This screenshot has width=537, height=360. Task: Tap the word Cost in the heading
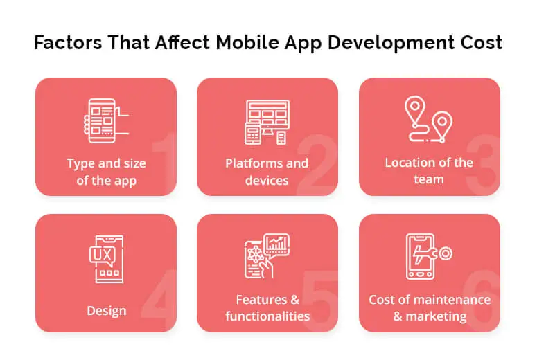tap(481, 42)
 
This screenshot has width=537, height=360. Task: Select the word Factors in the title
tap(68, 42)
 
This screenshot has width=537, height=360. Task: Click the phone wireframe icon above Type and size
tap(106, 120)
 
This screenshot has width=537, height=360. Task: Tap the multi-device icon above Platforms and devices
tap(267, 122)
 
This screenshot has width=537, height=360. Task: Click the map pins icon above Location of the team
tap(428, 119)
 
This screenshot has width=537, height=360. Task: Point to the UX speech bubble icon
tap(106, 259)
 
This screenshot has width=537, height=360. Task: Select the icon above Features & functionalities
tap(267, 255)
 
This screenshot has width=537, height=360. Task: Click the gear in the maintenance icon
tap(446, 253)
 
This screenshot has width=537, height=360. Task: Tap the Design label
tap(107, 311)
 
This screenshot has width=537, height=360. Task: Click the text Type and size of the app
tap(106, 172)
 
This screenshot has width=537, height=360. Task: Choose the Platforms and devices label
tap(267, 172)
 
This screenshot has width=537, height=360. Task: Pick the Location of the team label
tap(429, 171)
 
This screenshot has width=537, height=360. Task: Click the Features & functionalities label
tap(267, 307)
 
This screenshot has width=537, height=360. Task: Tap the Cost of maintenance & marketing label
tap(430, 307)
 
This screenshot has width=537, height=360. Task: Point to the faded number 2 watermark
tap(317, 165)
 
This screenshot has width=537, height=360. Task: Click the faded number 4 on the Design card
tap(159, 300)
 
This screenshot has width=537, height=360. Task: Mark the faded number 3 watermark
tap(483, 165)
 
